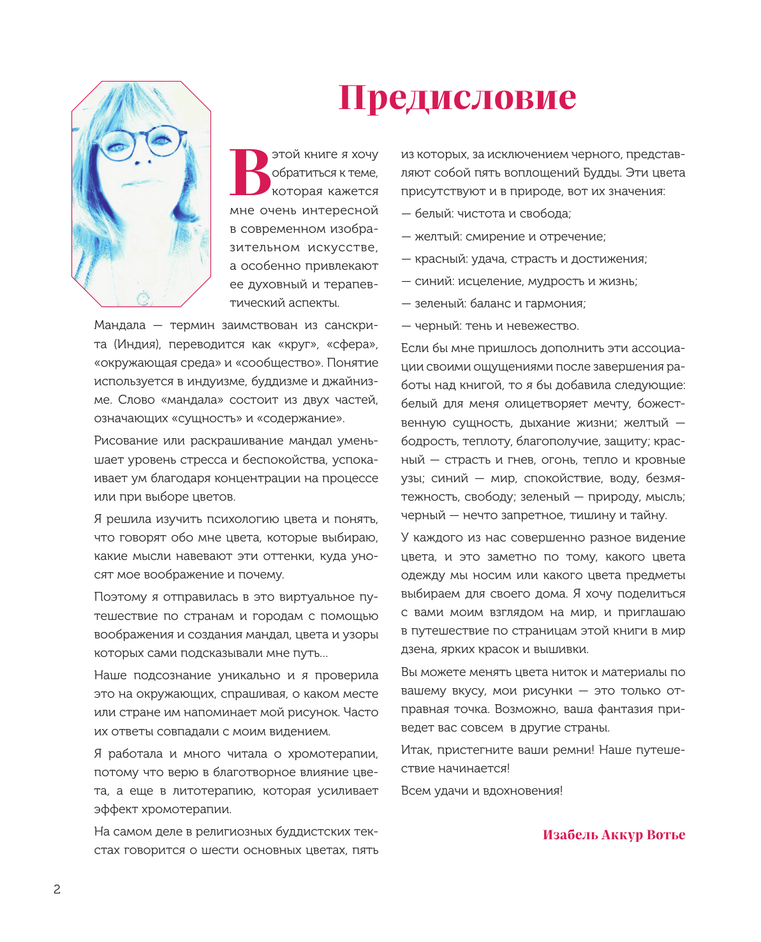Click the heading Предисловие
457,98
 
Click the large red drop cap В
249,173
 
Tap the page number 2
57,890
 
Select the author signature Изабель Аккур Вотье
614,835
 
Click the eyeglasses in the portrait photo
145,142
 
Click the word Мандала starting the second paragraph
120,325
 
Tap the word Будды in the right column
602,173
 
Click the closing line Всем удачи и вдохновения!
482,791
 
